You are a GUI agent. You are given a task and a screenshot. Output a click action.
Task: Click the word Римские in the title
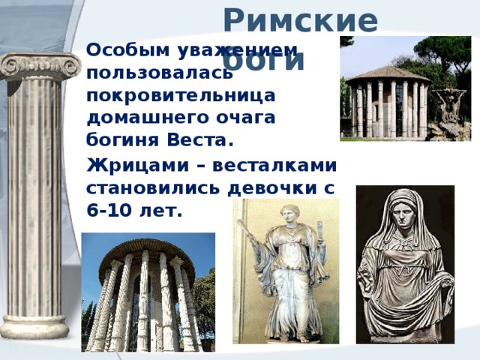(x=300, y=20)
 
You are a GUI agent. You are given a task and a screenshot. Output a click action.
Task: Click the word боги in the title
(x=263, y=60)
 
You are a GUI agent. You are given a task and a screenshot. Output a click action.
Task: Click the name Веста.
(x=203, y=140)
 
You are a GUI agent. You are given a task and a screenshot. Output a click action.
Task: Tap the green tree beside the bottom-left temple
(x=204, y=300)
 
